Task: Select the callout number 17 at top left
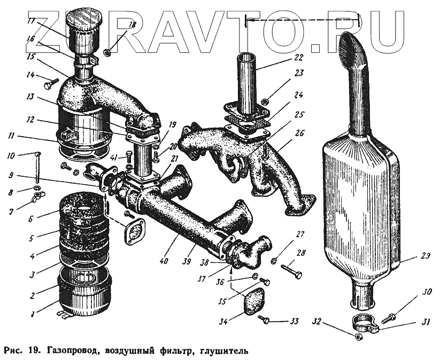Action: pos(32,21)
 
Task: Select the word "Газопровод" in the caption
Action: pos(66,352)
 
